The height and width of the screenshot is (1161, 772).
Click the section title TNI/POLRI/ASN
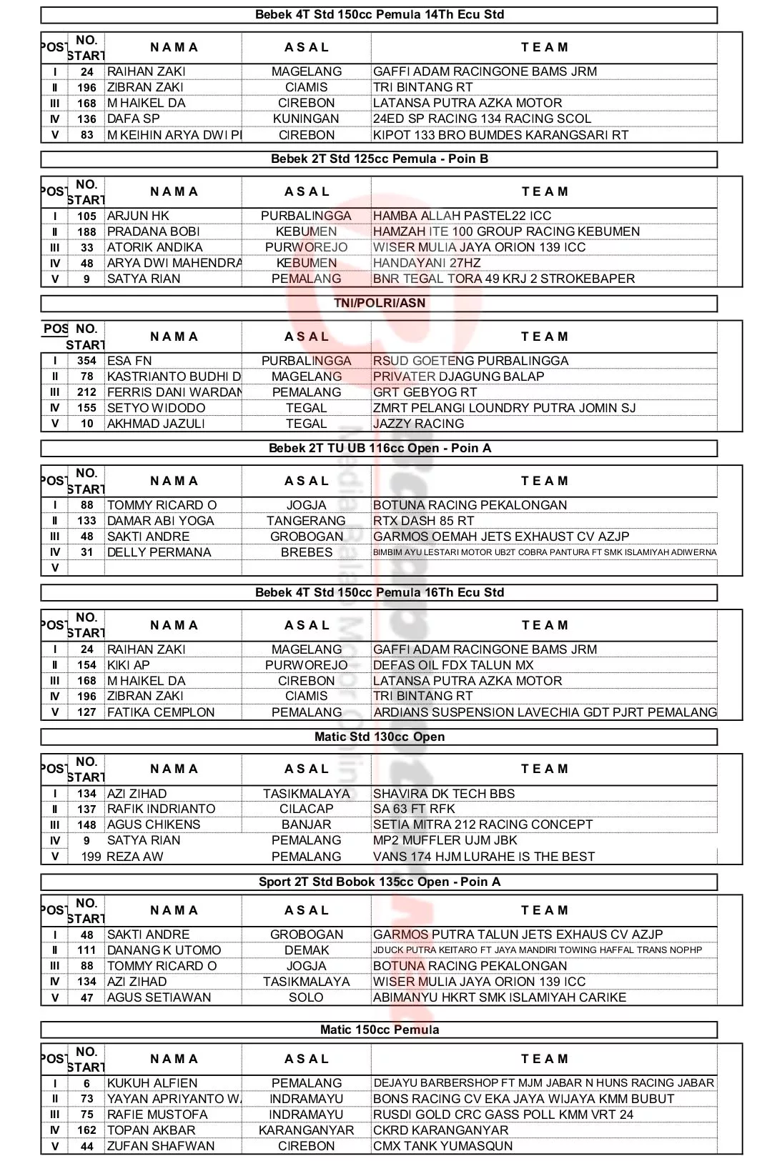pyautogui.click(x=379, y=303)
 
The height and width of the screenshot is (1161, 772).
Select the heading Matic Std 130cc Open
pyautogui.click(x=379, y=737)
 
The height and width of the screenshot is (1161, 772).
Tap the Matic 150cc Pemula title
pyautogui.click(x=379, y=1030)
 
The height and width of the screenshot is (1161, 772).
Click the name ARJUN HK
pyautogui.click(x=138, y=216)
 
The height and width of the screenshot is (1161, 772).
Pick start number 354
pyautogui.click(x=86, y=361)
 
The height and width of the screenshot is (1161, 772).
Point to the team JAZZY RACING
pyautogui.click(x=418, y=424)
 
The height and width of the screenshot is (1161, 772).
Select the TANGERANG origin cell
pyautogui.click(x=306, y=521)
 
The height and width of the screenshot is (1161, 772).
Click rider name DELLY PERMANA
pyautogui.click(x=159, y=552)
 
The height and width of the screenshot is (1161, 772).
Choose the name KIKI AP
pyautogui.click(x=129, y=665)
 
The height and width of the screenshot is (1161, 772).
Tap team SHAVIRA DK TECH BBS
pyautogui.click(x=443, y=794)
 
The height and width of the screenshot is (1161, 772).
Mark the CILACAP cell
pyautogui.click(x=306, y=809)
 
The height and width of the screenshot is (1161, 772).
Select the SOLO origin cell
pyautogui.click(x=306, y=997)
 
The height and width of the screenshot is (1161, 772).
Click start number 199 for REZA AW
pyautogui.click(x=91, y=857)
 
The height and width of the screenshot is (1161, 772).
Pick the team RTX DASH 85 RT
pyautogui.click(x=423, y=521)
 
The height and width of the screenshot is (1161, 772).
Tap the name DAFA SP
pyautogui.click(x=133, y=119)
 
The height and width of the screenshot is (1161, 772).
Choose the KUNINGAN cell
pyautogui.click(x=306, y=119)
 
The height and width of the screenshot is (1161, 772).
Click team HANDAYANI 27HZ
pyautogui.click(x=427, y=263)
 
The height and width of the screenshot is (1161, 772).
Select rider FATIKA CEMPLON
pyautogui.click(x=161, y=712)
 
